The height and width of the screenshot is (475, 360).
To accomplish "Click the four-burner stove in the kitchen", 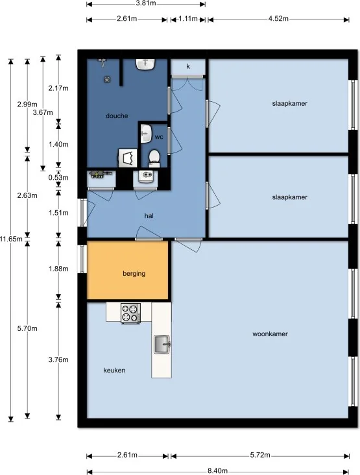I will pyautogui.click(x=131, y=313).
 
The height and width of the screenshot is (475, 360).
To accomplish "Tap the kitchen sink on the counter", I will pyautogui.click(x=162, y=345).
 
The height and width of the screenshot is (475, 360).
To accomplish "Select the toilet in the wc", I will pyautogui.click(x=154, y=158).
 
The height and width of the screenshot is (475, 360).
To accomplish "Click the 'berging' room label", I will pyautogui.click(x=134, y=273).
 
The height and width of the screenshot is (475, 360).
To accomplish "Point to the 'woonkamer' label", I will pyautogui.click(x=270, y=334).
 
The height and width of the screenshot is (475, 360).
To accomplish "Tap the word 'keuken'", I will pyautogui.click(x=114, y=371).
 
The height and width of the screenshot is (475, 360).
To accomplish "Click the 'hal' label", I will pyautogui.click(x=149, y=215).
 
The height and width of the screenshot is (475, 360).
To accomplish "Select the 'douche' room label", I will pyautogui.click(x=117, y=116).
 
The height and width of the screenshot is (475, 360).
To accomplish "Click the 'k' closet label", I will pyautogui.click(x=188, y=66).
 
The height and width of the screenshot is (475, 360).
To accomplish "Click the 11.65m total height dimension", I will pyautogui.click(x=11, y=239).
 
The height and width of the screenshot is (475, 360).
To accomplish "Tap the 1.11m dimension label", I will pyautogui.click(x=188, y=18).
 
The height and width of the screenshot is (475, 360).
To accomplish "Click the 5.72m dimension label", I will pyautogui.click(x=259, y=456).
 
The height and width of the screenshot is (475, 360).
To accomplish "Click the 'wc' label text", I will pyautogui.click(x=159, y=137).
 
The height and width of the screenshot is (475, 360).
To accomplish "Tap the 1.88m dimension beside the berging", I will pyautogui.click(x=59, y=269).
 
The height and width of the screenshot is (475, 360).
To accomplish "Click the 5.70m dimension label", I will pyautogui.click(x=28, y=328).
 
